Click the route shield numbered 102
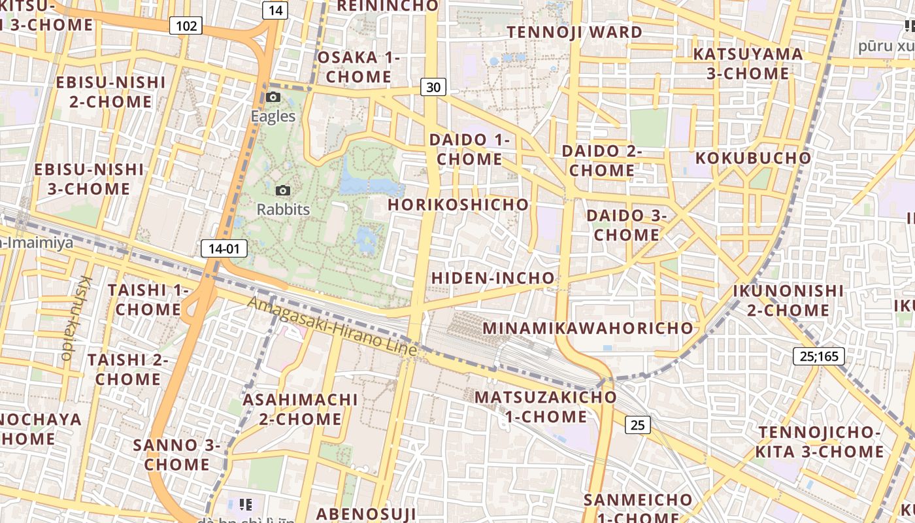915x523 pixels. click(x=186, y=26)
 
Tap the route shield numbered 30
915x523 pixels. click(x=433, y=87)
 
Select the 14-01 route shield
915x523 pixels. click(x=224, y=248)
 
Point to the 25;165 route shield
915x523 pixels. click(x=818, y=356)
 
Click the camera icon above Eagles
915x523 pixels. click(x=273, y=97)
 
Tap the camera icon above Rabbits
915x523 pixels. click(x=283, y=190)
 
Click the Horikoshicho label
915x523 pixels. click(x=458, y=205)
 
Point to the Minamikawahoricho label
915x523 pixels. click(x=588, y=328)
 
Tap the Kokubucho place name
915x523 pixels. click(x=753, y=158)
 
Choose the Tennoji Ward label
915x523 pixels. click(x=574, y=32)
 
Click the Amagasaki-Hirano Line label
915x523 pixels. click(x=332, y=326)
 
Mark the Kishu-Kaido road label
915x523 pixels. click(x=75, y=317)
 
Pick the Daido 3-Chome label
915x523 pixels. click(x=626, y=225)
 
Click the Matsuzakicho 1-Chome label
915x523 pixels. click(x=546, y=407)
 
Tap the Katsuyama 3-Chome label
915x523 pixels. click(x=748, y=63)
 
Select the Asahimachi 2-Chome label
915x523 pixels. click(x=301, y=409)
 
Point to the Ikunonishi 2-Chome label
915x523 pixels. click(x=788, y=300)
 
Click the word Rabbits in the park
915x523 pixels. click(x=283, y=210)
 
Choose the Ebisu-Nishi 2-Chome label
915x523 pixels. click(x=110, y=92)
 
